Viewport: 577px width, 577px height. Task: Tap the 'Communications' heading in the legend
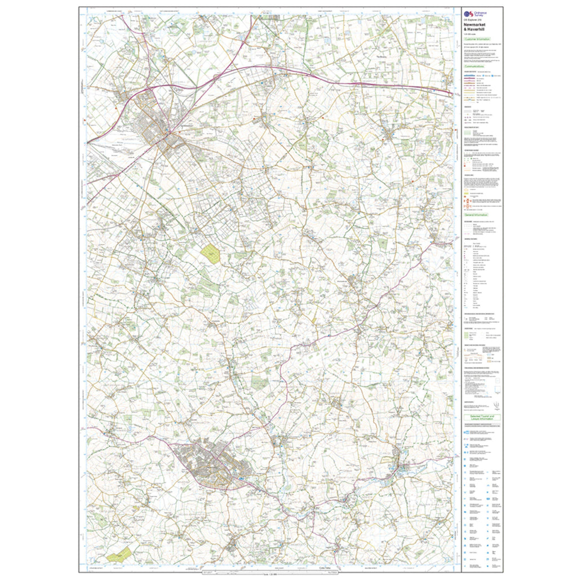click(474, 66)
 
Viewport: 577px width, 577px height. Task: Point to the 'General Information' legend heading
click(476, 215)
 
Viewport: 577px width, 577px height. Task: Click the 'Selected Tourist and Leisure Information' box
click(481, 418)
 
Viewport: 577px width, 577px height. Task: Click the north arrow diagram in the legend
click(495, 405)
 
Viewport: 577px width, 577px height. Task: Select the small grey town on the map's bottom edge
click(234, 544)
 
